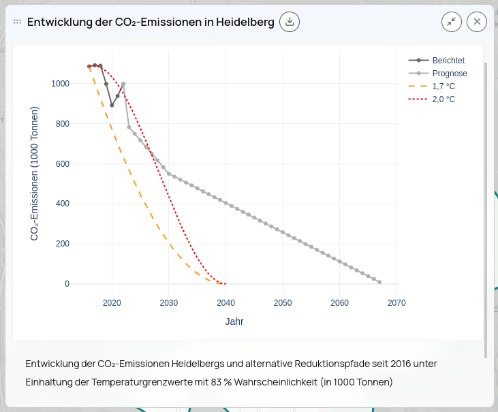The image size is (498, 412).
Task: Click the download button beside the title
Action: click(290, 22)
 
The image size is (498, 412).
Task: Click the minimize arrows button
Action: click(452, 22)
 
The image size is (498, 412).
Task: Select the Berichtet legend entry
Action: click(448, 61)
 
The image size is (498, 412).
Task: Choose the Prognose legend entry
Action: click(450, 74)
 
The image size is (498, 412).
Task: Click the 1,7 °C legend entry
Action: click(443, 86)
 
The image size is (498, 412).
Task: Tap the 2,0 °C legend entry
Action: click(443, 99)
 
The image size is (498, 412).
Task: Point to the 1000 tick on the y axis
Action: click(60, 84)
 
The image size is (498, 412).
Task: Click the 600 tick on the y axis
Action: click(62, 163)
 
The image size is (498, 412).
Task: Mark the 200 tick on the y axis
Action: click(62, 244)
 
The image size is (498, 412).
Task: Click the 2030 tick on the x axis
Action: click(168, 303)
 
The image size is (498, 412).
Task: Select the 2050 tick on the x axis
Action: click(283, 303)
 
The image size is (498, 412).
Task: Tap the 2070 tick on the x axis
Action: click(396, 303)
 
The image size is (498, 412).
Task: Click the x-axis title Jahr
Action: click(234, 321)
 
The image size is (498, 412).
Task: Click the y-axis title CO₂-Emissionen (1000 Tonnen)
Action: click(34, 174)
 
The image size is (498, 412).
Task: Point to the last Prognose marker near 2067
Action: click(379, 282)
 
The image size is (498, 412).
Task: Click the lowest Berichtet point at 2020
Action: click(112, 105)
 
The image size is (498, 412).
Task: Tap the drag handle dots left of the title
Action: click(18, 22)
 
